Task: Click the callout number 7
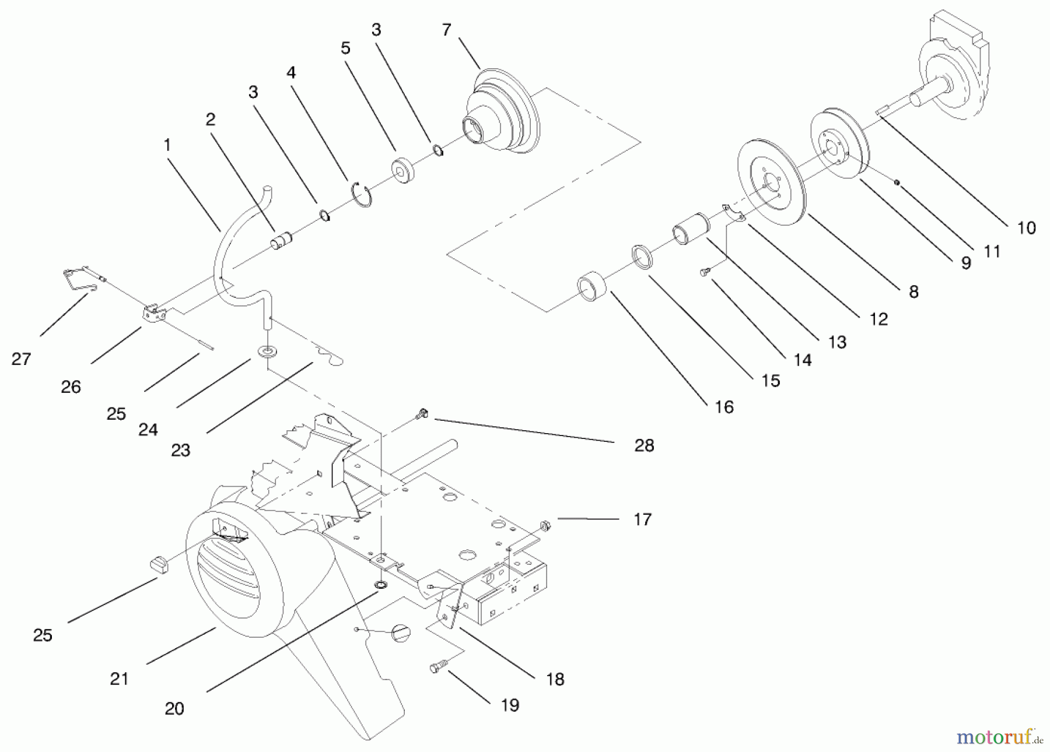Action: coord(446,30)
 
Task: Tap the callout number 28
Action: coord(644,445)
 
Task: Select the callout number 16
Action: coord(724,407)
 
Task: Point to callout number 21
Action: coord(119,679)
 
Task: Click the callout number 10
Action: coord(1026,227)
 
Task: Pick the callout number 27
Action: coord(21,359)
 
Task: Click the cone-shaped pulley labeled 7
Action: coord(502,114)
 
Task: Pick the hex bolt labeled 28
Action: coord(422,414)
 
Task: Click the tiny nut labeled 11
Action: coord(897,183)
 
